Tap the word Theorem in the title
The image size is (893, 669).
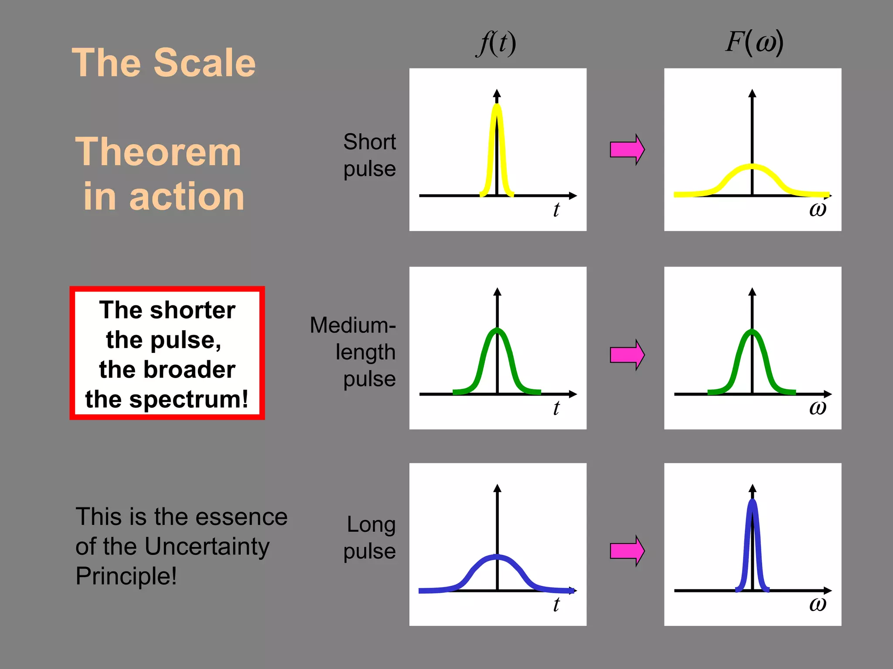tap(158, 152)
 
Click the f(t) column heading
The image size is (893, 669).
tap(496, 44)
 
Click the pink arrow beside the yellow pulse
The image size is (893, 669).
tap(627, 149)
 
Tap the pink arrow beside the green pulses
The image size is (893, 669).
tap(627, 355)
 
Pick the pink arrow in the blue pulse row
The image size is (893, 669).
tap(627, 551)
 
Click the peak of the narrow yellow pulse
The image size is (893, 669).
tap(497, 106)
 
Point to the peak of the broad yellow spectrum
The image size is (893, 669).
tap(752, 166)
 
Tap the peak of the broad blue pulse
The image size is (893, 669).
tap(497, 557)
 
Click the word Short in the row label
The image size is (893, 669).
tap(369, 142)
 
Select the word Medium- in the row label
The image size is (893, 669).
tap(352, 325)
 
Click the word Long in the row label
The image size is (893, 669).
tap(371, 524)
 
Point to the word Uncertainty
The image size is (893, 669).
tap(207, 546)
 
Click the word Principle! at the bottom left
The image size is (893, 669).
tap(126, 576)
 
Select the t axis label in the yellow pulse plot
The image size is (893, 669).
tap(556, 209)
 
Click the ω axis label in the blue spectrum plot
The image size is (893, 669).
tap(818, 604)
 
